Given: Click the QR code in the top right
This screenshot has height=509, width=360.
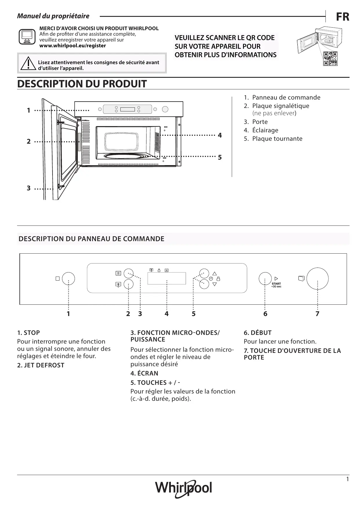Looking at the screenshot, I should point(330,59).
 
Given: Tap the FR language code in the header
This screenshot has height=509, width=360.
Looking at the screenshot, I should point(343,17).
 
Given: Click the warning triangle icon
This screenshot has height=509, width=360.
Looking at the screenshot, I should point(28,63).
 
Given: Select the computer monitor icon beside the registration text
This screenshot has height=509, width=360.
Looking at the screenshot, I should point(27,37).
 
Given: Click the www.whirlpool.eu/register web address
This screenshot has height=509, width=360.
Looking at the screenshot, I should point(73,46).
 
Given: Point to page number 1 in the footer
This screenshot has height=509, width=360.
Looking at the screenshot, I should point(348,479).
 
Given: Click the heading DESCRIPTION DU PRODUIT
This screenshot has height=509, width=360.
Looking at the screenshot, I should point(82,84).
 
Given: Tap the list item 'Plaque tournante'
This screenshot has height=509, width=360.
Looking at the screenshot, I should point(277,139).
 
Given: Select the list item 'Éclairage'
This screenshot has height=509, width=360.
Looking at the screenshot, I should point(265,130).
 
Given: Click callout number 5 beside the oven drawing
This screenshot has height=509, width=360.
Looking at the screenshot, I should point(220,157).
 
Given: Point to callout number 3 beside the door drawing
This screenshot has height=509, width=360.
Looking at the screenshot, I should point(28,188).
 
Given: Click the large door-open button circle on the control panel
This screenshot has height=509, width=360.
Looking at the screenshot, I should point(318,279).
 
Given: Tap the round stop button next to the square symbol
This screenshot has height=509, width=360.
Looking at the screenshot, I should point(68,279).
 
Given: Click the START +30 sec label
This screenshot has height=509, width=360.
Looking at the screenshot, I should point(276,285).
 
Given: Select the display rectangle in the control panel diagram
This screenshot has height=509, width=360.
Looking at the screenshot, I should point(167,278).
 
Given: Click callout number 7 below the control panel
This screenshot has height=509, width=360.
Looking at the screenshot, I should point(317,314).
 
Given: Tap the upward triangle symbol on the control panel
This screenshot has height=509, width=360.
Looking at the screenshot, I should point(215,273).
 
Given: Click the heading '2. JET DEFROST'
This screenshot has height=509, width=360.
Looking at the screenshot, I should point(41,365).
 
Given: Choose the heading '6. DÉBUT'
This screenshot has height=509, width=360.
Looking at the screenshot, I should point(258,333).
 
